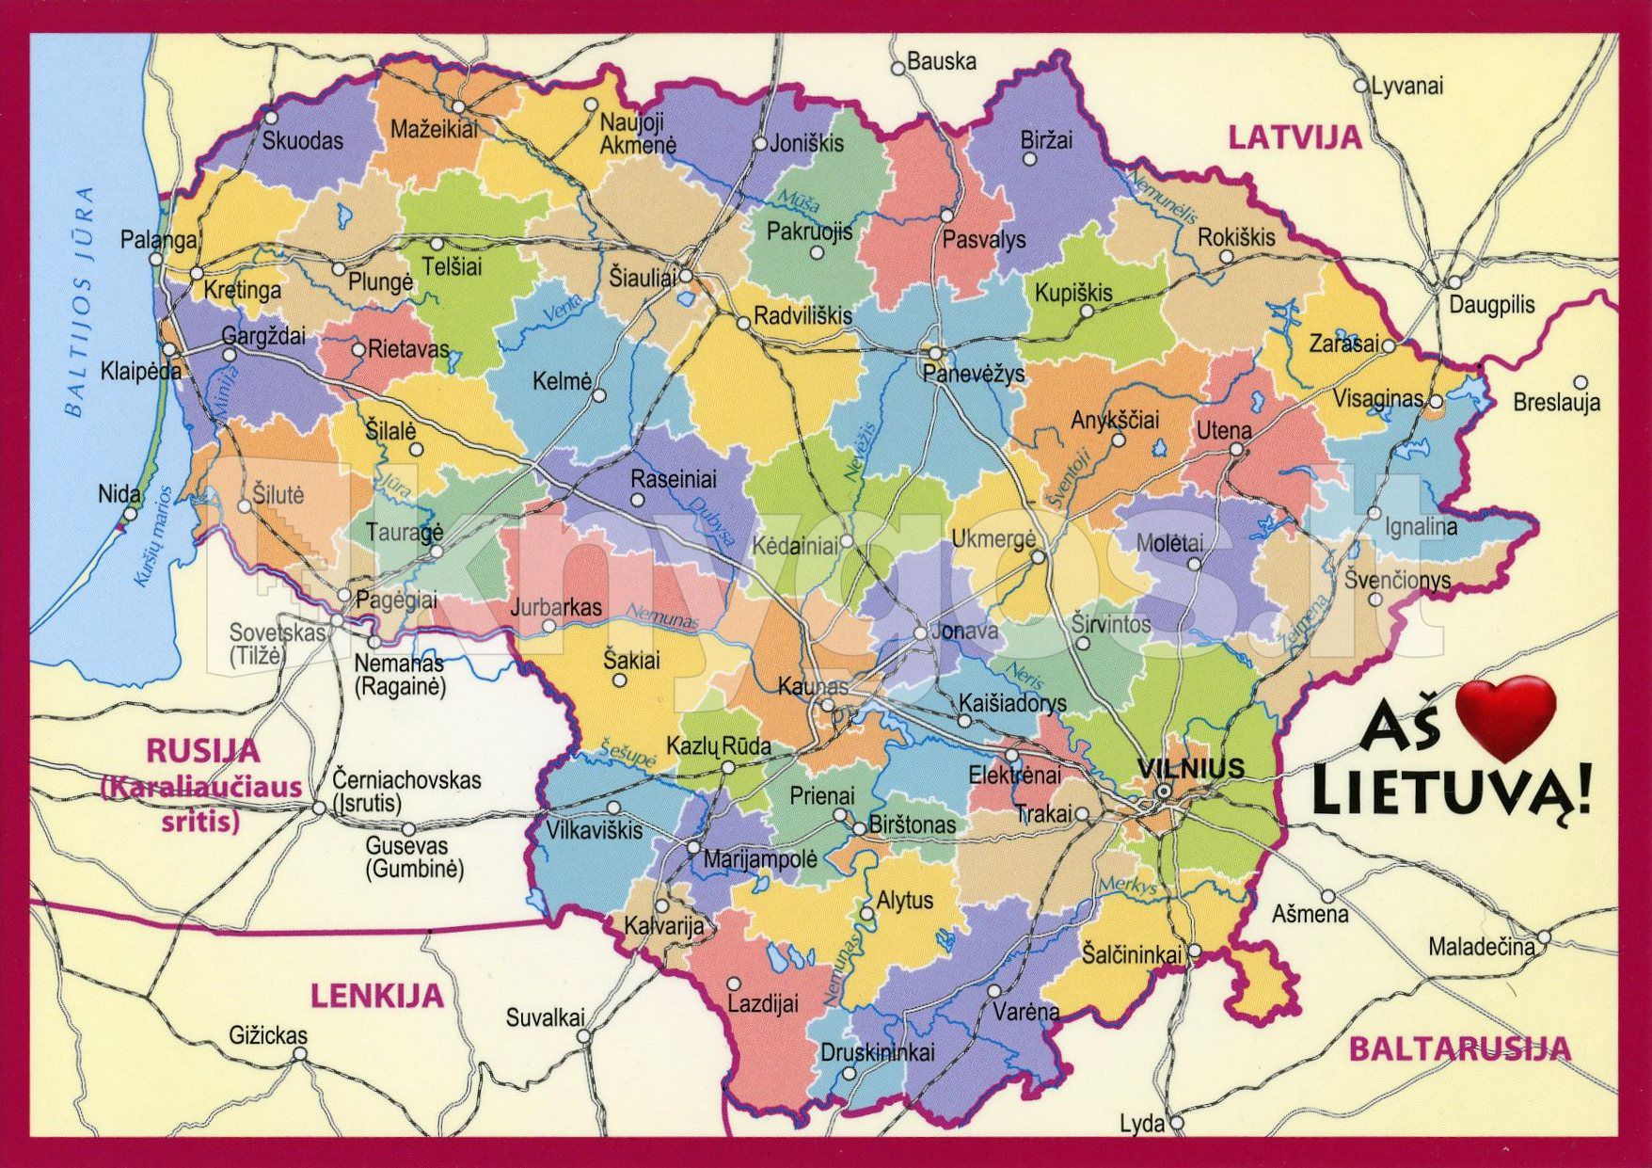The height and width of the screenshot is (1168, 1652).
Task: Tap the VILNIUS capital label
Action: [1190, 768]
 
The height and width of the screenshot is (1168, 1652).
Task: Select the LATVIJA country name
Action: [1295, 137]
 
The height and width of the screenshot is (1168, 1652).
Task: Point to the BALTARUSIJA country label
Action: [1460, 1048]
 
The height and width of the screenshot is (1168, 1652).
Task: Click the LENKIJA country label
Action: [376, 995]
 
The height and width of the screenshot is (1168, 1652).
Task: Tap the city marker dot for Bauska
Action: [897, 68]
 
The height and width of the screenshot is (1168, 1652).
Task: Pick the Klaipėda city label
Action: [141, 371]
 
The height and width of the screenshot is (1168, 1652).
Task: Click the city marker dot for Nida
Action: [131, 514]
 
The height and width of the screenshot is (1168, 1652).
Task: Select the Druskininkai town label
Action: [877, 1051]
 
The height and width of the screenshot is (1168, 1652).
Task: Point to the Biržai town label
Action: [1046, 140]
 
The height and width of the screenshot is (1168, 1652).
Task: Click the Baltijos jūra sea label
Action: [80, 301]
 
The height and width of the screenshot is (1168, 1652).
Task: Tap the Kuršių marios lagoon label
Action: [152, 536]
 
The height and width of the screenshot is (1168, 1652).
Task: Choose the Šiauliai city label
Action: [643, 279]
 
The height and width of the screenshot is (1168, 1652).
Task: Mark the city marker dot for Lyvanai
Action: [1359, 86]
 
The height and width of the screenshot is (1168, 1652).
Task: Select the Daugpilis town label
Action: [1491, 305]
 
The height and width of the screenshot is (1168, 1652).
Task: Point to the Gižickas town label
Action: [268, 1035]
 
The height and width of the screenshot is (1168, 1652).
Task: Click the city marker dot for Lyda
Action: [1176, 1123]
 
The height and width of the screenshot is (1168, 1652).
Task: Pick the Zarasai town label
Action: [1342, 344]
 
